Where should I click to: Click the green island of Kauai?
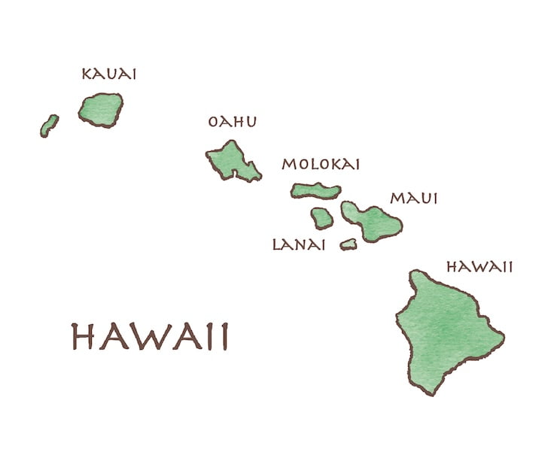[x=100, y=110]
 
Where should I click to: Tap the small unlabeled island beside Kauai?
[x=49, y=125]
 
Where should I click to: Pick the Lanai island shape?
[x=322, y=218]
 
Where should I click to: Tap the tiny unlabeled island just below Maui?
[x=348, y=244]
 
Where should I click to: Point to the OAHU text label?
[x=232, y=122]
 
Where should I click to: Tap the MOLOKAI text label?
[x=321, y=164]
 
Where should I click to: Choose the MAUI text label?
[x=413, y=199]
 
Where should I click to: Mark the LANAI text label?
[x=298, y=244]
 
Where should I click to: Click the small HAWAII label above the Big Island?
[x=479, y=267]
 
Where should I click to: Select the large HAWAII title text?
[x=149, y=337]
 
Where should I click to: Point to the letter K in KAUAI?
[x=86, y=74]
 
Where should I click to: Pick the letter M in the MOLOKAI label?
[x=288, y=164]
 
